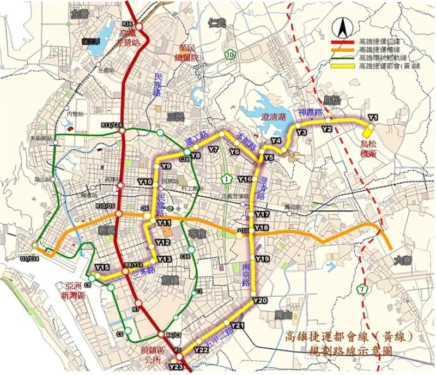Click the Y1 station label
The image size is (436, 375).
click(373, 117)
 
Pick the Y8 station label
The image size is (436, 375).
click(196, 155)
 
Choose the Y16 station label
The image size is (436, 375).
click(245, 179)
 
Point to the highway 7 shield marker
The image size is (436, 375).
click(363, 288)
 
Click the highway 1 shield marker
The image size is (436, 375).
click(226, 179)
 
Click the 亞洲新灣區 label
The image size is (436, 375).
click(74, 291)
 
